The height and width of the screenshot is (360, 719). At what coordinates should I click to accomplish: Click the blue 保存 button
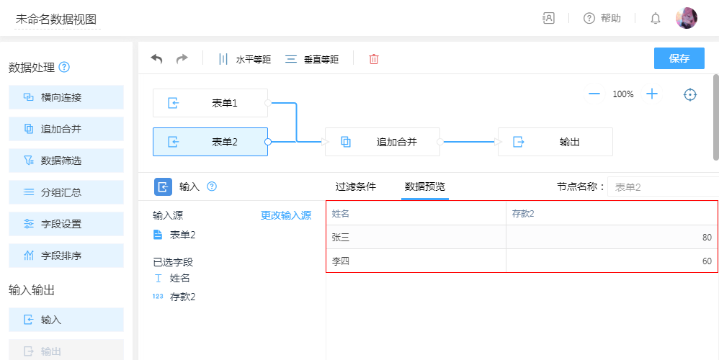click(x=679, y=58)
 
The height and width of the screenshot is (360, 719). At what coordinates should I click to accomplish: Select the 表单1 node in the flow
click(x=210, y=103)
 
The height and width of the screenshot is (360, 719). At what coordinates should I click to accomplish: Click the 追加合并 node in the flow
click(x=383, y=142)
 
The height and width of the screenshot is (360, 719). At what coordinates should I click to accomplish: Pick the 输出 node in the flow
click(x=555, y=142)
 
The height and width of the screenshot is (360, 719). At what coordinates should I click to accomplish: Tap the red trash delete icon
click(x=374, y=59)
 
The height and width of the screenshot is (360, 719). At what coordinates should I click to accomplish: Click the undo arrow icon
click(x=156, y=59)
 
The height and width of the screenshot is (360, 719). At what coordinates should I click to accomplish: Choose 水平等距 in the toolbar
click(x=244, y=59)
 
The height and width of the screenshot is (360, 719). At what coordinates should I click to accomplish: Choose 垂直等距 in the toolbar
click(x=312, y=59)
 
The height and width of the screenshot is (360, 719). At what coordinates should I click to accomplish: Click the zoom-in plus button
click(x=651, y=94)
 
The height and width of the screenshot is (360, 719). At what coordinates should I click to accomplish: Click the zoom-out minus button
click(x=594, y=94)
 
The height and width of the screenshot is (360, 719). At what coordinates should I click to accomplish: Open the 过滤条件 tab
click(x=356, y=186)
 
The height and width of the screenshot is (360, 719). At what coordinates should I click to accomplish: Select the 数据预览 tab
click(x=424, y=186)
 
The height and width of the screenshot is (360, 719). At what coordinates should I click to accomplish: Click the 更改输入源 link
click(x=286, y=215)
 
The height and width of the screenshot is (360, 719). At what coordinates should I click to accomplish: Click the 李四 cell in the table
click(x=416, y=261)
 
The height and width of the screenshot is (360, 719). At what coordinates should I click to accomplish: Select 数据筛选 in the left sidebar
click(x=66, y=161)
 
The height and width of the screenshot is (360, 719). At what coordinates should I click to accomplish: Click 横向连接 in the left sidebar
click(x=66, y=97)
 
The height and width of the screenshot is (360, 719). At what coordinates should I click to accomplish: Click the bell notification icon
click(x=656, y=18)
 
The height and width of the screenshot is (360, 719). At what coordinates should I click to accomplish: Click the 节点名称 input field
click(x=663, y=187)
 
